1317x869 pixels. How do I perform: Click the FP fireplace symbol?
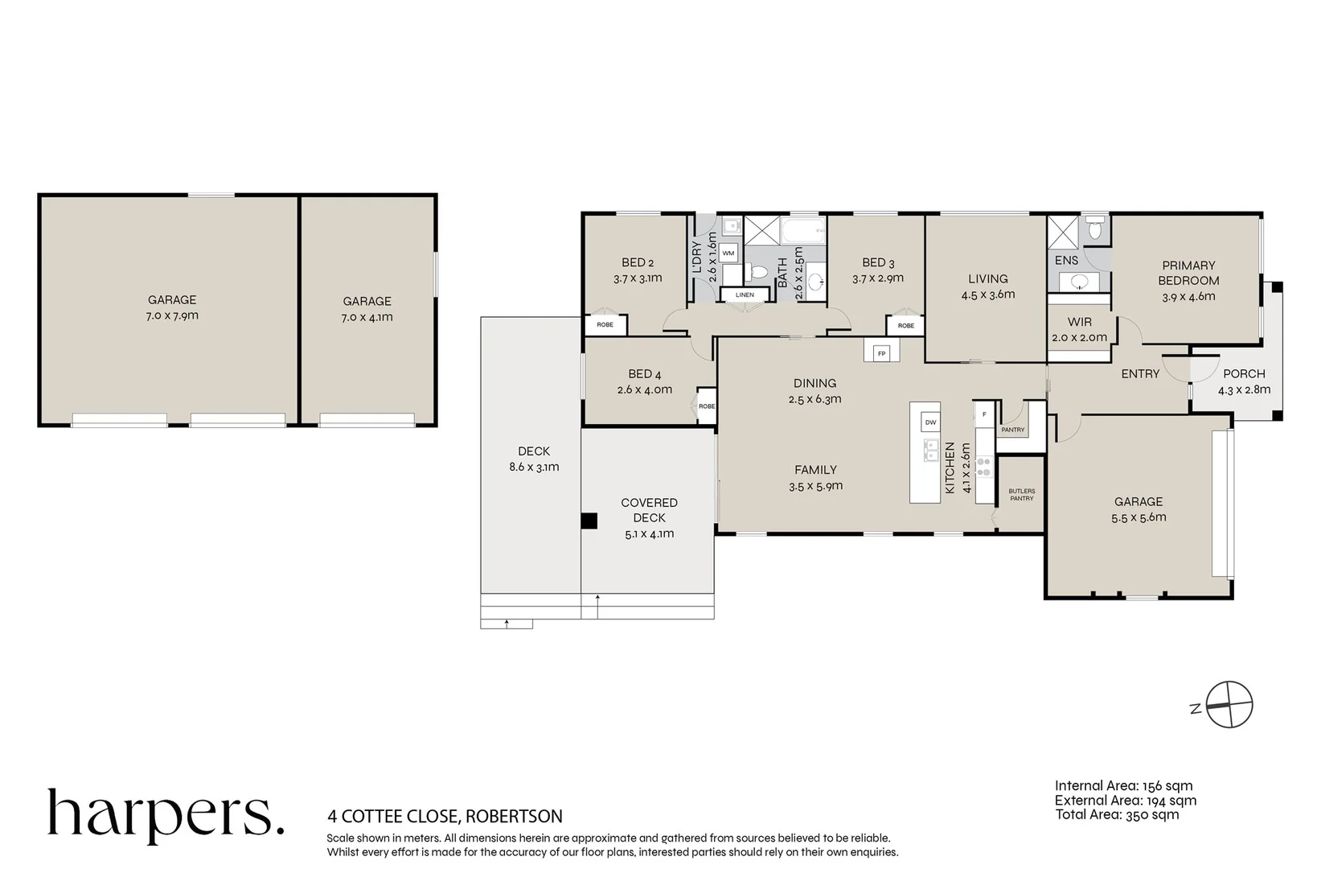(x=881, y=353)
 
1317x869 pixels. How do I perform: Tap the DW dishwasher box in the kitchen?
(x=930, y=422)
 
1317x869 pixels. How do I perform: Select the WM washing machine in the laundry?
(x=728, y=253)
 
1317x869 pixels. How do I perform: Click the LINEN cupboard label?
(x=745, y=294)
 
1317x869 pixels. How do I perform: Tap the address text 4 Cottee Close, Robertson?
(x=445, y=816)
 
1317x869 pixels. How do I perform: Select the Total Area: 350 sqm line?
(x=1117, y=815)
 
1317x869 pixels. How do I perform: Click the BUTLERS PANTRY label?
(x=1022, y=495)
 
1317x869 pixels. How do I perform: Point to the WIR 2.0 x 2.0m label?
(x=1079, y=329)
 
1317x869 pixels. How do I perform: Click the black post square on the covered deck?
(x=589, y=521)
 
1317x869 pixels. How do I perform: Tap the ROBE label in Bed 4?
(x=707, y=406)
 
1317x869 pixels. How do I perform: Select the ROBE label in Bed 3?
(x=906, y=325)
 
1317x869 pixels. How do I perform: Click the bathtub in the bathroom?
(x=803, y=231)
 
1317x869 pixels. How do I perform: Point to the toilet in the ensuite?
(x=1095, y=228)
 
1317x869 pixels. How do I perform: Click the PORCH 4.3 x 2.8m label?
(x=1244, y=381)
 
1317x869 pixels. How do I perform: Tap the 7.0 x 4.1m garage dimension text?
(x=367, y=317)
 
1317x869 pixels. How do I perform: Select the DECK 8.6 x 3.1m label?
(x=534, y=459)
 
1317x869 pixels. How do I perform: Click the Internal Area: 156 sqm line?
(x=1123, y=785)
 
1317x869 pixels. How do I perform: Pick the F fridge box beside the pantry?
(x=984, y=415)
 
